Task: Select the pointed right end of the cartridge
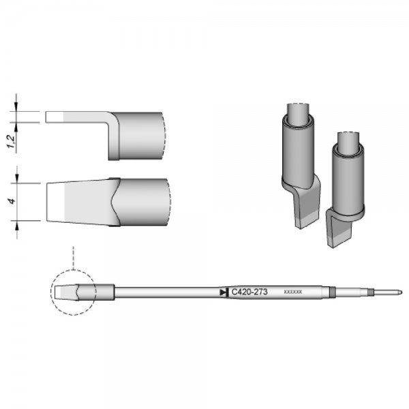[399, 292]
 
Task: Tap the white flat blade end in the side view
[55, 117]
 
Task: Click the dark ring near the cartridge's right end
[330, 292]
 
